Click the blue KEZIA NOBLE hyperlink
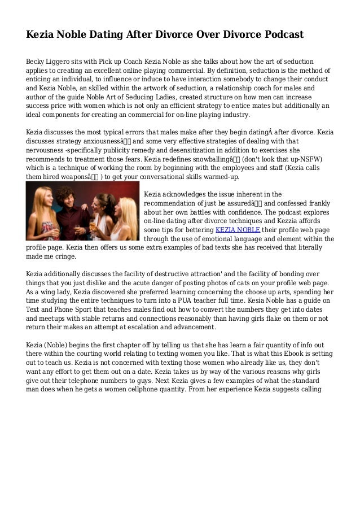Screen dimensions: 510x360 pyautogui.click(x=238, y=230)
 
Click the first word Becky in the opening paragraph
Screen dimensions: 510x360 pyautogui.click(x=37, y=61)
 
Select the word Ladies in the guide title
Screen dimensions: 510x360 pyautogui.click(x=175, y=97)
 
